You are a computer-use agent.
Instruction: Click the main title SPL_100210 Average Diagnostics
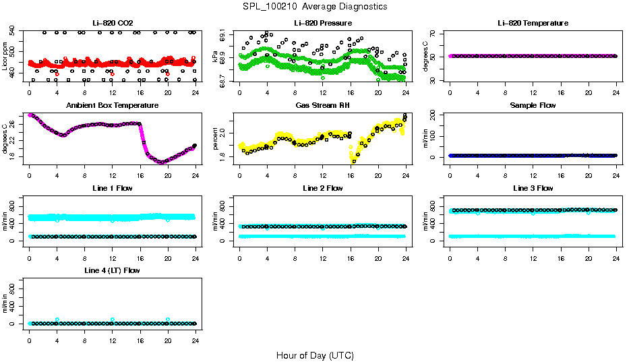(x=315, y=6)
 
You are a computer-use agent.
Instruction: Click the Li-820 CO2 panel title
(x=112, y=23)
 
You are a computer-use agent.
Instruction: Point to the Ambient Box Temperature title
(x=112, y=105)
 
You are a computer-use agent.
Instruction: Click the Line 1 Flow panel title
(x=112, y=188)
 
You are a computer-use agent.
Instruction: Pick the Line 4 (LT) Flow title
(x=112, y=270)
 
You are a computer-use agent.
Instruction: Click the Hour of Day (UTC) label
(x=315, y=355)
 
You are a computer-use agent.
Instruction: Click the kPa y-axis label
(x=215, y=59)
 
